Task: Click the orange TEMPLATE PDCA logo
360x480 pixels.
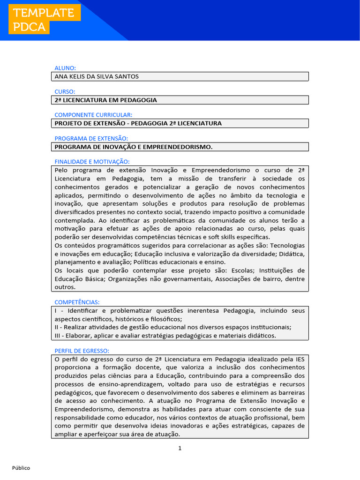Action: pos(44,20)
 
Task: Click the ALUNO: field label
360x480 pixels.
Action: pos(65,68)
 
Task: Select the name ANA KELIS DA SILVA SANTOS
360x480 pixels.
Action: pos(97,76)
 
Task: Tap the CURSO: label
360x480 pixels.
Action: pos(65,91)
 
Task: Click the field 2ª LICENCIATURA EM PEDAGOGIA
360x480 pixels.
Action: pos(106,100)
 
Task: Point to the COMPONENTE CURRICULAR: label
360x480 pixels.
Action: pos(93,115)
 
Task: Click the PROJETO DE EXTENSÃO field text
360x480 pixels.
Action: pos(138,123)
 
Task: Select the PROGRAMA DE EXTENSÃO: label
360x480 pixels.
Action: pos(91,138)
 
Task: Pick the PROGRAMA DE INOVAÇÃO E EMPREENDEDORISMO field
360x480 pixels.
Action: pos(134,147)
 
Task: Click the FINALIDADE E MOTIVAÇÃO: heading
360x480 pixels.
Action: pos(92,162)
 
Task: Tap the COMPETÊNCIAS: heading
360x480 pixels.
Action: pos(77,302)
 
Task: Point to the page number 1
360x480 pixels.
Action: pos(180,448)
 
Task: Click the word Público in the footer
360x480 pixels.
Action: pos(21,468)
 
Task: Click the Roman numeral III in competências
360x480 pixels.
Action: pos(58,336)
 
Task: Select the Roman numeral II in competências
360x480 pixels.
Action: pos(57,327)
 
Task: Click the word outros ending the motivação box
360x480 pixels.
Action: pos(64,287)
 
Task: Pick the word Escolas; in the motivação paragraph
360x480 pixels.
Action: pos(244,270)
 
